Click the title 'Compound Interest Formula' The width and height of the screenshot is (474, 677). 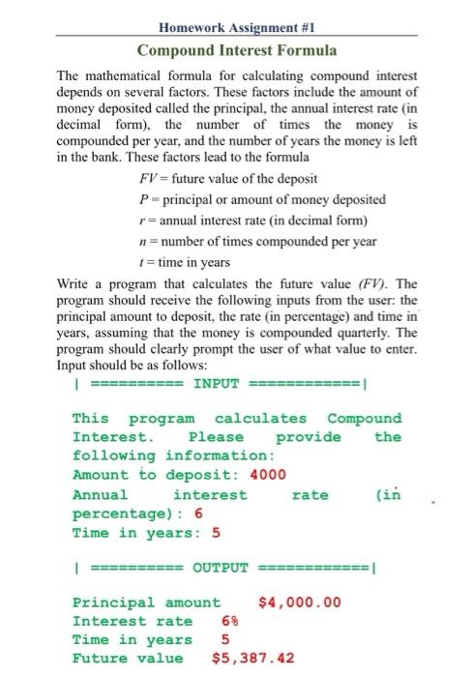(237, 49)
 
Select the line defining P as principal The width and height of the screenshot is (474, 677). (262, 199)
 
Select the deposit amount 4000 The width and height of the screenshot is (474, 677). (268, 475)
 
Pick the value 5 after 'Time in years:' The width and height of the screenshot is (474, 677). (216, 531)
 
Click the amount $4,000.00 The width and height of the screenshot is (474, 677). (300, 603)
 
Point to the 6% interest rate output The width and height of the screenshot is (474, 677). (229, 621)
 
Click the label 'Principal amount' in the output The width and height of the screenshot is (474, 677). (146, 603)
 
